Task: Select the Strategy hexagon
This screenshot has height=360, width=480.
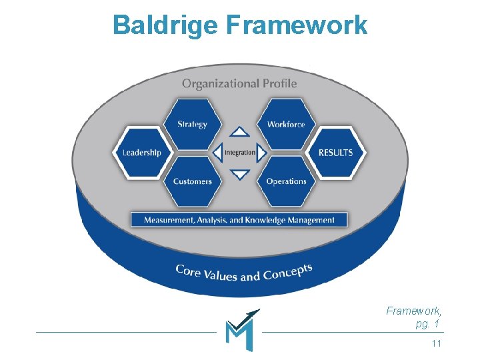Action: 192,124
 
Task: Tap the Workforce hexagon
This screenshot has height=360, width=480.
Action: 286,124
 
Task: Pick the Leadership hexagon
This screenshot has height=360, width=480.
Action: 142,153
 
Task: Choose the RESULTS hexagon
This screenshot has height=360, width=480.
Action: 335,153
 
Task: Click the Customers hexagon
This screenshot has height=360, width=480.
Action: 192,181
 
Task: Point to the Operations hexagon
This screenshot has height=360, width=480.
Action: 286,181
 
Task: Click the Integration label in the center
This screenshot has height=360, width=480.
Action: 240,153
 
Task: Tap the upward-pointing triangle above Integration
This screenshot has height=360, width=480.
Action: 240,132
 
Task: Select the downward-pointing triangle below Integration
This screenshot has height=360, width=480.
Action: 240,175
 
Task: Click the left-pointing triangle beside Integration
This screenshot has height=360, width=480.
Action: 217,153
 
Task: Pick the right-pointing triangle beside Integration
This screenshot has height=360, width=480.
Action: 262,153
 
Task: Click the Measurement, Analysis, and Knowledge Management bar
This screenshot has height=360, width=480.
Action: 239,219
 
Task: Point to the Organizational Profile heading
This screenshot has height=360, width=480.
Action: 239,83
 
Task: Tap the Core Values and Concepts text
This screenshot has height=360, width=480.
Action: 243,273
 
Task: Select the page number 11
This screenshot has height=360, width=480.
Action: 437,343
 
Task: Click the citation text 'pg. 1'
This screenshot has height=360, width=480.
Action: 427,324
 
